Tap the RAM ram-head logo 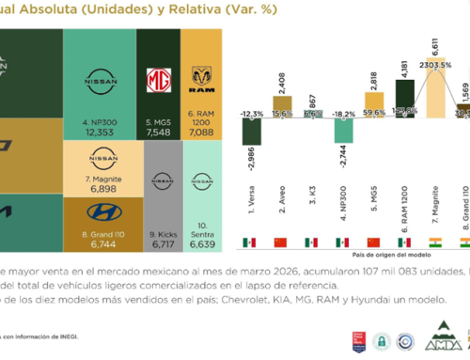coord(201,74)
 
